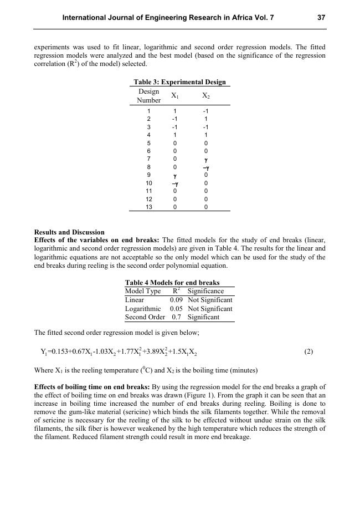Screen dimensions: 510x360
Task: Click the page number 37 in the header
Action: pyautogui.click(x=321, y=18)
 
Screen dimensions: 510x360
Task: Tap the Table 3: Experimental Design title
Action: pyautogui.click(x=179, y=82)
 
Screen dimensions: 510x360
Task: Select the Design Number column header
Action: pyautogui.click(x=149, y=95)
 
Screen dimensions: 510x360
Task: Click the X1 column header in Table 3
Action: pyautogui.click(x=174, y=95)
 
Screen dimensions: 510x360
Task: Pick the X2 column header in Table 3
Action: pyautogui.click(x=205, y=95)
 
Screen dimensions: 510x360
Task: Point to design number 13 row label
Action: pyautogui.click(x=149, y=207)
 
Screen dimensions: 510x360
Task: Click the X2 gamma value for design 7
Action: pyautogui.click(x=205, y=159)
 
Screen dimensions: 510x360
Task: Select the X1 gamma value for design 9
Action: pyautogui.click(x=174, y=175)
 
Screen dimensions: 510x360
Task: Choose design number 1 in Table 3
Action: pyautogui.click(x=149, y=111)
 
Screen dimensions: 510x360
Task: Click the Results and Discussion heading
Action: pyautogui.click(x=69, y=232)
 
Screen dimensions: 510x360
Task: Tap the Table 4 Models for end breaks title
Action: pyautogui.click(x=172, y=283)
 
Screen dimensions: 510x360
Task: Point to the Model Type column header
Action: pyautogui.click(x=143, y=291)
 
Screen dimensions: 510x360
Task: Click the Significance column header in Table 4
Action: pyautogui.click(x=205, y=291)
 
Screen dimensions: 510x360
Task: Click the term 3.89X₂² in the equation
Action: pyautogui.click(x=155, y=351)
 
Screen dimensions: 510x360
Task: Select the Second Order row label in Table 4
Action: pyautogui.click(x=145, y=318)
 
